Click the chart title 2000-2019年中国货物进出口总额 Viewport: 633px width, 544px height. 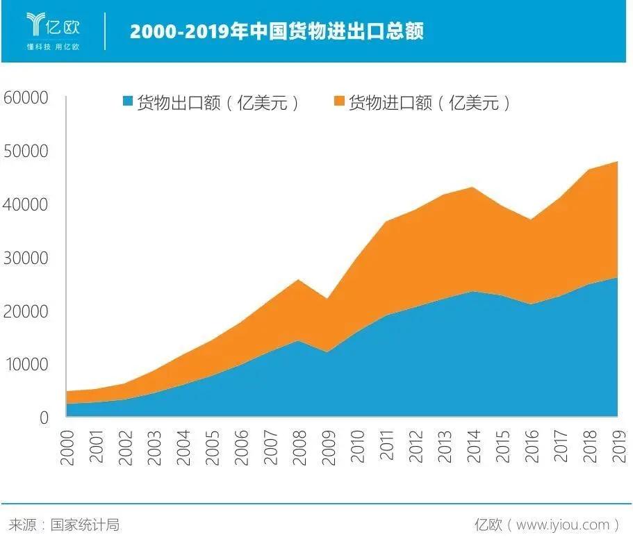[x=277, y=31]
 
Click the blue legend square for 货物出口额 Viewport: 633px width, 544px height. [x=127, y=103]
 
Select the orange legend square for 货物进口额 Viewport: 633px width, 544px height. [x=339, y=103]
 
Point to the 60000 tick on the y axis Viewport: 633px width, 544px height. [x=26, y=97]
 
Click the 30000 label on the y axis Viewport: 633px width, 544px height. [x=26, y=258]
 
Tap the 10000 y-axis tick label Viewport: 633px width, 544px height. [x=26, y=364]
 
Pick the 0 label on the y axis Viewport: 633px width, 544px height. [x=43, y=418]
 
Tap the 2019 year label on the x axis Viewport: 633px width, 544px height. [x=618, y=447]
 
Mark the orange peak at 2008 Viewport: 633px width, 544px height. [x=298, y=280]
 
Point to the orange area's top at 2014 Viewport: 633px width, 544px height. [x=472, y=188]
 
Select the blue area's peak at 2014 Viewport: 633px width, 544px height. [x=472, y=292]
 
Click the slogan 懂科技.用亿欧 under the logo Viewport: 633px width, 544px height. [x=53, y=47]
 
